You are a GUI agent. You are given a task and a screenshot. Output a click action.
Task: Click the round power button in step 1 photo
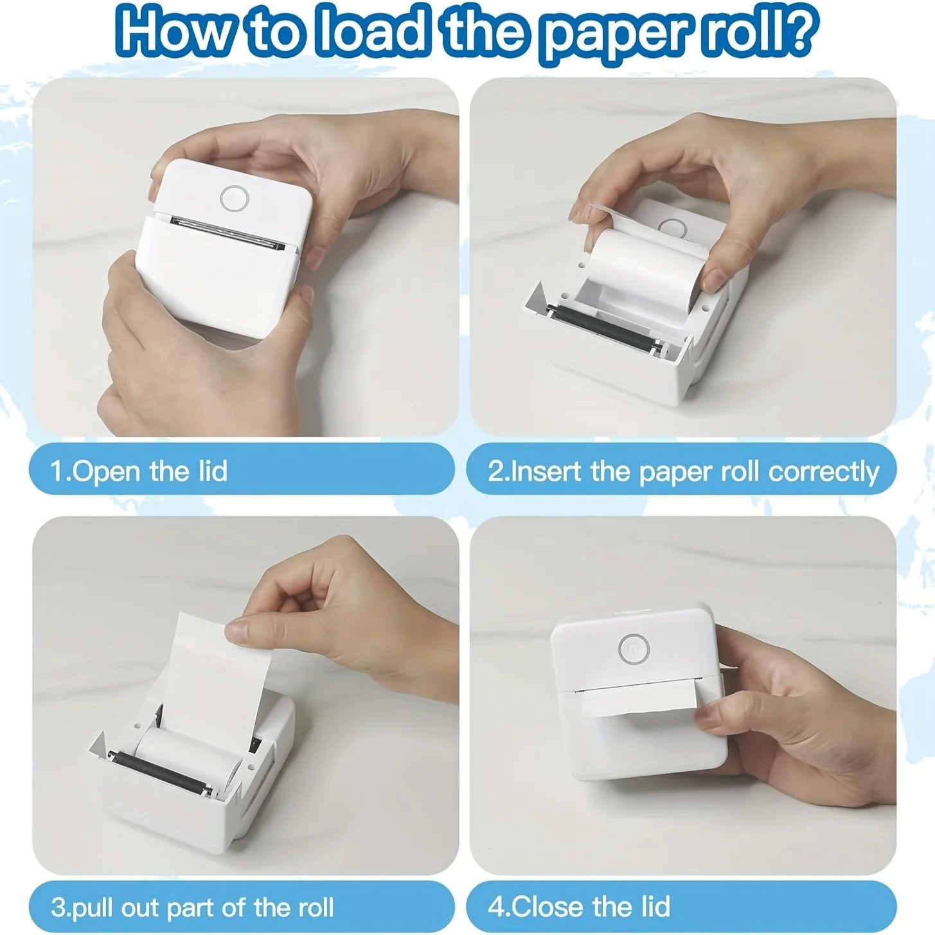click(234, 199)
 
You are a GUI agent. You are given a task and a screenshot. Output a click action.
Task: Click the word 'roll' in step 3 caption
click(316, 907)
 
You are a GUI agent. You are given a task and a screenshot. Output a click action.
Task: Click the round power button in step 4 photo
click(634, 650)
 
